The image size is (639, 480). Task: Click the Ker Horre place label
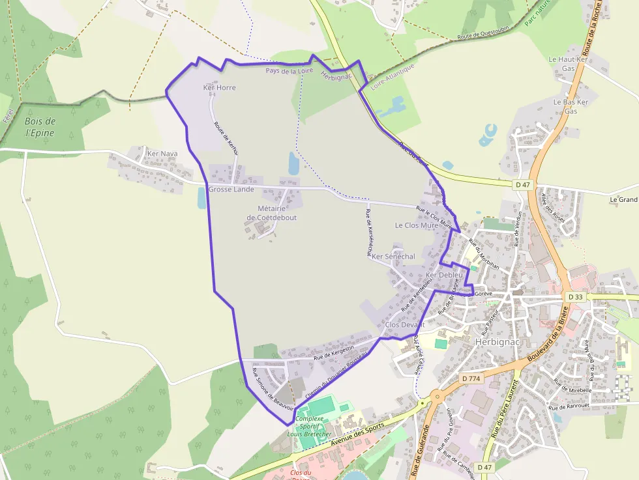click(x=219, y=87)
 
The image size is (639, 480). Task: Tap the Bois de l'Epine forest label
click(x=40, y=127)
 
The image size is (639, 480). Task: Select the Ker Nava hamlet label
click(x=162, y=154)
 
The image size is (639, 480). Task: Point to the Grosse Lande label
click(x=231, y=190)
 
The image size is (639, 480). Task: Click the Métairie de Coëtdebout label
click(x=271, y=213)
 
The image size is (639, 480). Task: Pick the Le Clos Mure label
click(x=417, y=225)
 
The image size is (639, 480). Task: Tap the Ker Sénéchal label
click(x=393, y=257)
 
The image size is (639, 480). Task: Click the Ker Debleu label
click(x=443, y=275)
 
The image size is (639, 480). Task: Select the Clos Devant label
click(x=405, y=324)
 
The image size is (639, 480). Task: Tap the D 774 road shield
click(x=470, y=378)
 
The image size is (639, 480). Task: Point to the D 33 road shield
click(x=575, y=297)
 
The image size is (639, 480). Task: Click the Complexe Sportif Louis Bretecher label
click(x=314, y=426)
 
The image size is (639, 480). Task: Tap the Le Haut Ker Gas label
click(x=568, y=63)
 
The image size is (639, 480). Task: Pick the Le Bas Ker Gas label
click(x=571, y=107)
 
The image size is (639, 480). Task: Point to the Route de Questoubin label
click(x=482, y=35)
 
